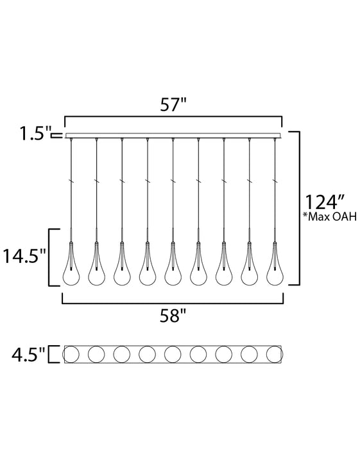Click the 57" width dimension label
coord(173,105)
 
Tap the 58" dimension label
coord(173,316)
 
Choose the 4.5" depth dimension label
coord(28,355)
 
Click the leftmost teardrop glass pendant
coord(71,264)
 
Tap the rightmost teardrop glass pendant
coord(275,264)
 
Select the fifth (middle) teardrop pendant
coord(173,264)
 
